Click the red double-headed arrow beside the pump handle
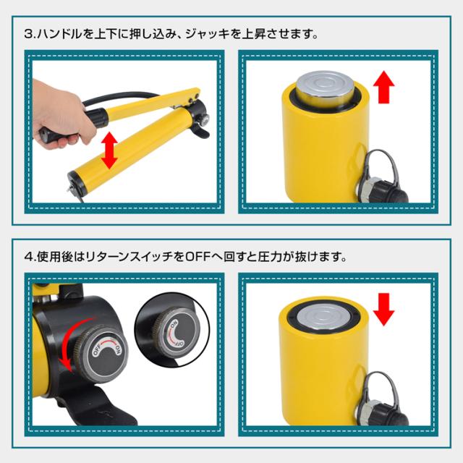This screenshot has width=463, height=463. pos(109,150)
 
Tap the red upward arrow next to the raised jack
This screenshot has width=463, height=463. pos(383,87)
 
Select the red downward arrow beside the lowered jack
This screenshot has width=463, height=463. pos(383,309)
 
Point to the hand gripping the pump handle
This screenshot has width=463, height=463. pos(61,115)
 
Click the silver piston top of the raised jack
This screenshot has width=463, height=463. pos(325,88)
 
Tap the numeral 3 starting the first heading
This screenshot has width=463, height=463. pos(29,34)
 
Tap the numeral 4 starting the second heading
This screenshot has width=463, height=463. pos(29,257)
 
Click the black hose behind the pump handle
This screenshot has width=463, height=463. pos(118,99)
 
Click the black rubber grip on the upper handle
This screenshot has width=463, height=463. pos(97,116)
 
